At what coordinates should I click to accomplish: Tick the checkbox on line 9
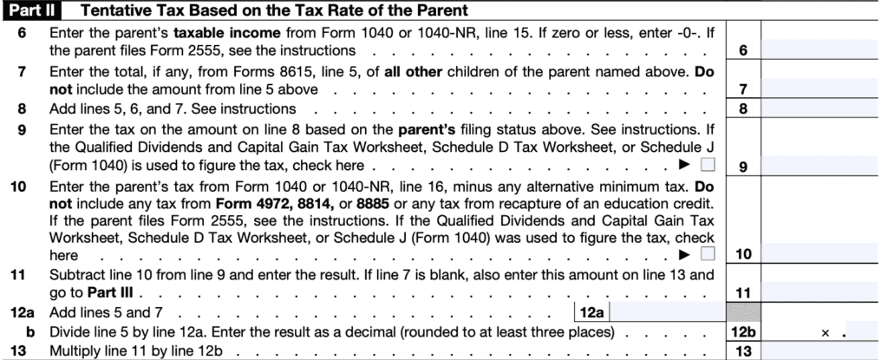point(708,164)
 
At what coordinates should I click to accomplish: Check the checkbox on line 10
point(708,254)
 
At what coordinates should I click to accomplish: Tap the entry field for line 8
point(824,108)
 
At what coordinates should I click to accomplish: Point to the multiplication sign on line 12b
point(826,331)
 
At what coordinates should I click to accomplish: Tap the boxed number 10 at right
point(742,255)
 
